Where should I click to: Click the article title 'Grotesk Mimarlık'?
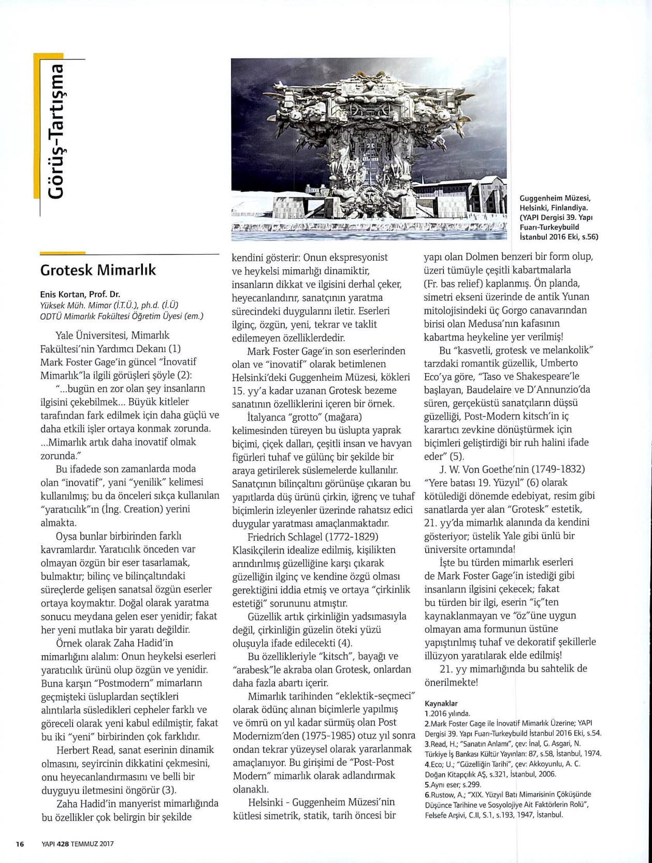click(x=98, y=271)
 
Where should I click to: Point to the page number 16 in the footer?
click(x=20, y=843)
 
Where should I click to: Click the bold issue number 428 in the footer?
click(x=63, y=843)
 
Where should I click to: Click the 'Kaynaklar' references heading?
click(x=441, y=704)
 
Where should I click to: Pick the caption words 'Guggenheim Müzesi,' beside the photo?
click(x=555, y=198)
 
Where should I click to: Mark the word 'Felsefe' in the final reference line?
click(x=436, y=815)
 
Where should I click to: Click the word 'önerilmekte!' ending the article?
click(x=451, y=682)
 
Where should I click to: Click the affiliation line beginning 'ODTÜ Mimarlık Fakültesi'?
click(x=122, y=317)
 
